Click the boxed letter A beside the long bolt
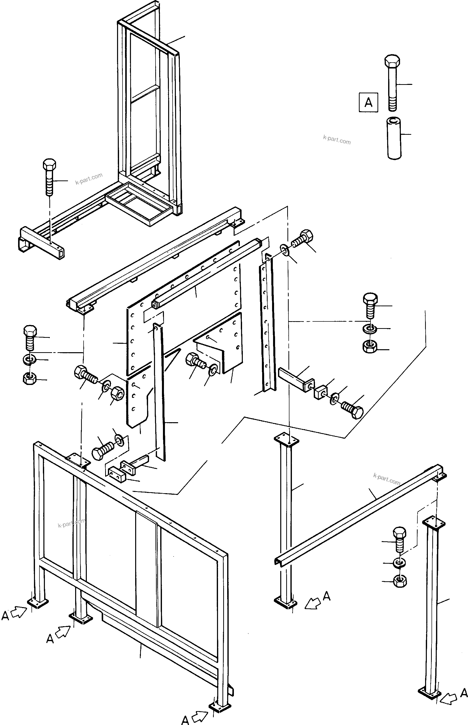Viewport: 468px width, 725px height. click(x=368, y=102)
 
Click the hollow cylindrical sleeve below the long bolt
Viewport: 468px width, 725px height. click(x=394, y=138)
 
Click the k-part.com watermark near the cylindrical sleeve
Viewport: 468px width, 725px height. click(x=337, y=140)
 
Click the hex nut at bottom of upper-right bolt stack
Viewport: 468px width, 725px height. click(x=370, y=346)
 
